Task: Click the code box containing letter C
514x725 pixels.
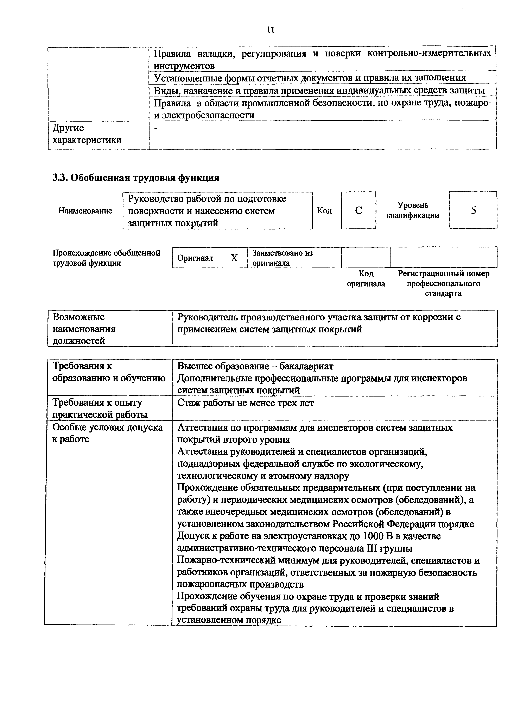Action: pos(358,210)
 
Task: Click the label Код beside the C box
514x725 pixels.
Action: pos(324,211)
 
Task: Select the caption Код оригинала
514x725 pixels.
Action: pos(366,278)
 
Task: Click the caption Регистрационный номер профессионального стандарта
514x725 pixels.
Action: pos(443,283)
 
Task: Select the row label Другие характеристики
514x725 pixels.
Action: pos(87,134)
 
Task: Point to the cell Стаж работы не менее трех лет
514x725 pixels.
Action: pos(245,403)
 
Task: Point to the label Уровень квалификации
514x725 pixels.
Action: pos(413,210)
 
